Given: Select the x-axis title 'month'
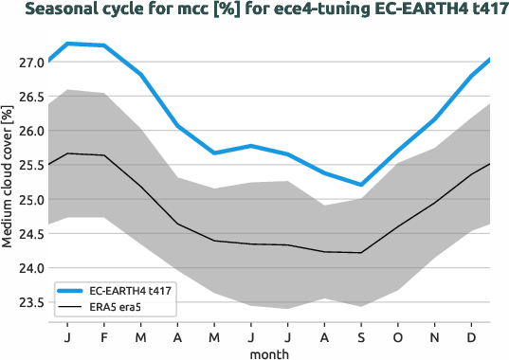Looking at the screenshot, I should [269, 353].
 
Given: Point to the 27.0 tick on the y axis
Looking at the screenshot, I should [31, 63].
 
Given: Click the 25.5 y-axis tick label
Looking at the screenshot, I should [31, 165].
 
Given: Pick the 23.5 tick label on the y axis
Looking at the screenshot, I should [31, 302].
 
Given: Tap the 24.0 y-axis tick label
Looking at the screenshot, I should [31, 268].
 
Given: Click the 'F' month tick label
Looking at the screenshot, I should [103, 336].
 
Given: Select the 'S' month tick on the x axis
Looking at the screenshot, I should [360, 336].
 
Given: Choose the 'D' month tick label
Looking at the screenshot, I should [472, 336].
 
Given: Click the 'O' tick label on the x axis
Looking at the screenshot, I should [397, 336].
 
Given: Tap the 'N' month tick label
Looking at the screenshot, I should [435, 336].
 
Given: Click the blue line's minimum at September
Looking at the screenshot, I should [360, 185].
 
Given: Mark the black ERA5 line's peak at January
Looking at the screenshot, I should [66, 153].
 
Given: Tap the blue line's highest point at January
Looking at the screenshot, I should [66, 44].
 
